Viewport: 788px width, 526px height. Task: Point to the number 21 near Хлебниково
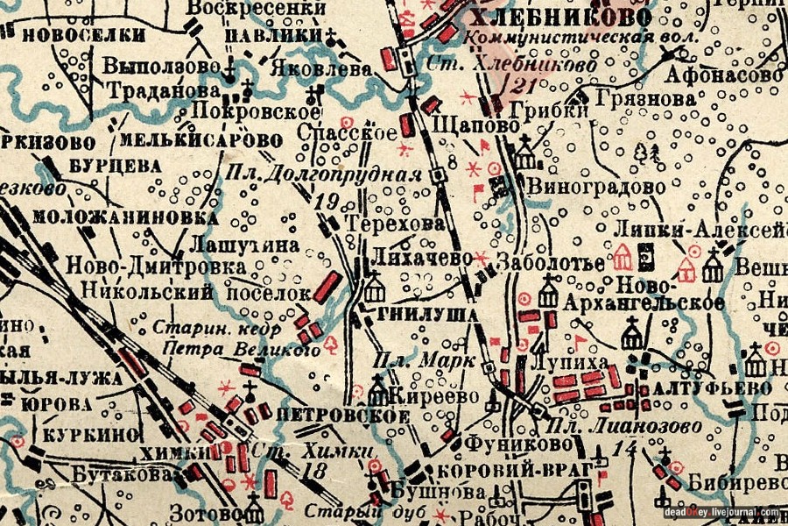[524, 85]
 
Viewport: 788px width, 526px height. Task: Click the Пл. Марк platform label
[424, 360]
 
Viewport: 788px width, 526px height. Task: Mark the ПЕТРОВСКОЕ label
[342, 415]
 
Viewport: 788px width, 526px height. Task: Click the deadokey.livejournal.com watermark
[720, 513]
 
